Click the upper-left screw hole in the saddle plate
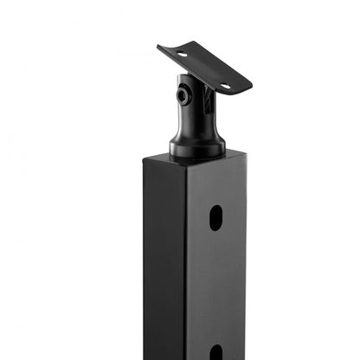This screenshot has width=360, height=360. point(183,55)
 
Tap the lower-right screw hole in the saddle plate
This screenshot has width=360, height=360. point(224,86)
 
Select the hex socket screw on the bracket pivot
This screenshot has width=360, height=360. point(184,95)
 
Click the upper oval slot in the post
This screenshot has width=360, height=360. point(215,217)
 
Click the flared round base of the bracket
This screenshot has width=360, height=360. point(197,148)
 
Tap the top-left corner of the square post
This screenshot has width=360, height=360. point(145,158)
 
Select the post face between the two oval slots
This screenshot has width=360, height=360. point(215,286)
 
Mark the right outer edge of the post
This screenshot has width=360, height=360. point(247,260)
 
